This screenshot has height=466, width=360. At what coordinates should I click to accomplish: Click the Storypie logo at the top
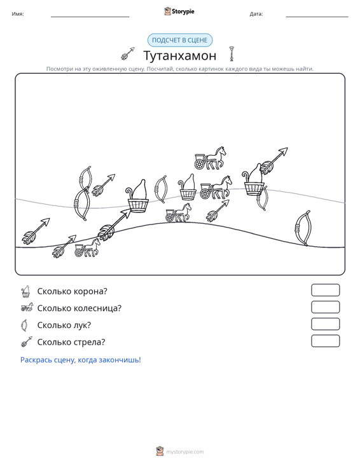coord(179,11)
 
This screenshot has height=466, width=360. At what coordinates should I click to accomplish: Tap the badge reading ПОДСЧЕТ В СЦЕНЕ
coord(180,40)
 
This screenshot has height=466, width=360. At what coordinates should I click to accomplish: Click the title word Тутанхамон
coord(180,55)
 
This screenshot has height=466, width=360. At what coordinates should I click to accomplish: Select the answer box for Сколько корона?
coord(325,290)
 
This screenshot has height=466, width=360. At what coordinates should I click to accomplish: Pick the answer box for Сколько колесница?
coord(325,307)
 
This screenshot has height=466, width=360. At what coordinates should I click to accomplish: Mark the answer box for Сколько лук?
coord(325,324)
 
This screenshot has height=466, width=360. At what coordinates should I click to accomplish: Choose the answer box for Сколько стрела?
coord(325,341)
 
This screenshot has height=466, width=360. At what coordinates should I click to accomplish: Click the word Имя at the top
coord(18,14)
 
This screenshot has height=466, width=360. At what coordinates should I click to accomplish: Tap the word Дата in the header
coord(256,14)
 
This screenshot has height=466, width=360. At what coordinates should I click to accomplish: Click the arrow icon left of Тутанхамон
coord(128,53)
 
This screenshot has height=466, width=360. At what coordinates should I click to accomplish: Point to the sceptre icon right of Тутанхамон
coord(232,54)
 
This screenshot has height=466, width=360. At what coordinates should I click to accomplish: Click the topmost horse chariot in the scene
coord(210,158)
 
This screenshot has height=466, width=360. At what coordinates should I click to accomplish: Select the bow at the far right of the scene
coord(303,228)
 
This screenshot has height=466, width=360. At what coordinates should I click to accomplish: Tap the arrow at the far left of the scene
coord(36,231)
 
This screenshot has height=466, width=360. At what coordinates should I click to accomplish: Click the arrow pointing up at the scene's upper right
coord(273,161)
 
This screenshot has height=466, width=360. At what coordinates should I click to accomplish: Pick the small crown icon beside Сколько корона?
coord(25,292)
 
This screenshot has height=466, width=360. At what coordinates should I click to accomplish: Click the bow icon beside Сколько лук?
coord(24,325)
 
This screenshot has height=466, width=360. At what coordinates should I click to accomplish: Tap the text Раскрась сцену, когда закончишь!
coord(81,360)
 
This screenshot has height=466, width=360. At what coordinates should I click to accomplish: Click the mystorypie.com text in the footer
coord(185,452)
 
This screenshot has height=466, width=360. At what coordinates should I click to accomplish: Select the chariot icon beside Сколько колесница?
coord(27,308)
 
